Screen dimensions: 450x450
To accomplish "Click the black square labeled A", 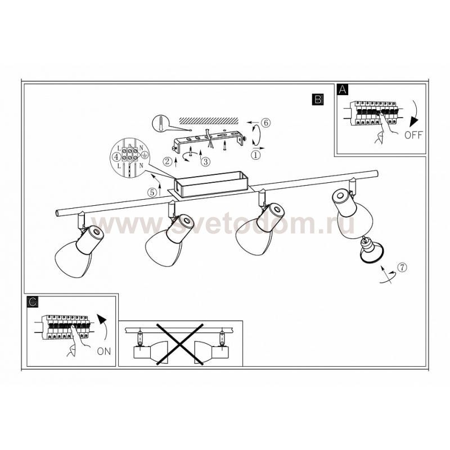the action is [x=343, y=89].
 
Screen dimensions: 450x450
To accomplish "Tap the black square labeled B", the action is [x=318, y=100].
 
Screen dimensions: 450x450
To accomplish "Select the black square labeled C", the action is [x=33, y=301].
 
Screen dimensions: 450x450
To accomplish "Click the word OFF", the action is [x=413, y=135].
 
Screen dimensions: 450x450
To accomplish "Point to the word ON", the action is [x=104, y=351].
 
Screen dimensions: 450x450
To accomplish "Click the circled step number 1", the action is [x=256, y=155].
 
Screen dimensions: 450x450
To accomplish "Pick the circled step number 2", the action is [x=167, y=161].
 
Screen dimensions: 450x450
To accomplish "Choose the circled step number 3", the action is [x=205, y=161].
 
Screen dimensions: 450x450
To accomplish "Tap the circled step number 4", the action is [x=116, y=157].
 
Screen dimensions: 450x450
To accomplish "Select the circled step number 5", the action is [x=152, y=192].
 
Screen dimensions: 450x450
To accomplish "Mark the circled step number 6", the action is [x=265, y=123].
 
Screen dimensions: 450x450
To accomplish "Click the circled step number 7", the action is [x=402, y=267].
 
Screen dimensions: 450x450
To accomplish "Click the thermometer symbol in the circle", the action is [x=160, y=123].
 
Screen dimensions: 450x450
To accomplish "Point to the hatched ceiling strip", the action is [x=209, y=120].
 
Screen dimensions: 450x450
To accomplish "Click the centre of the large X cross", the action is [x=180, y=344].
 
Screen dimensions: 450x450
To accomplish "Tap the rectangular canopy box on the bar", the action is [x=211, y=184].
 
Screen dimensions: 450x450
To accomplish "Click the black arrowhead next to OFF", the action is [x=413, y=121].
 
